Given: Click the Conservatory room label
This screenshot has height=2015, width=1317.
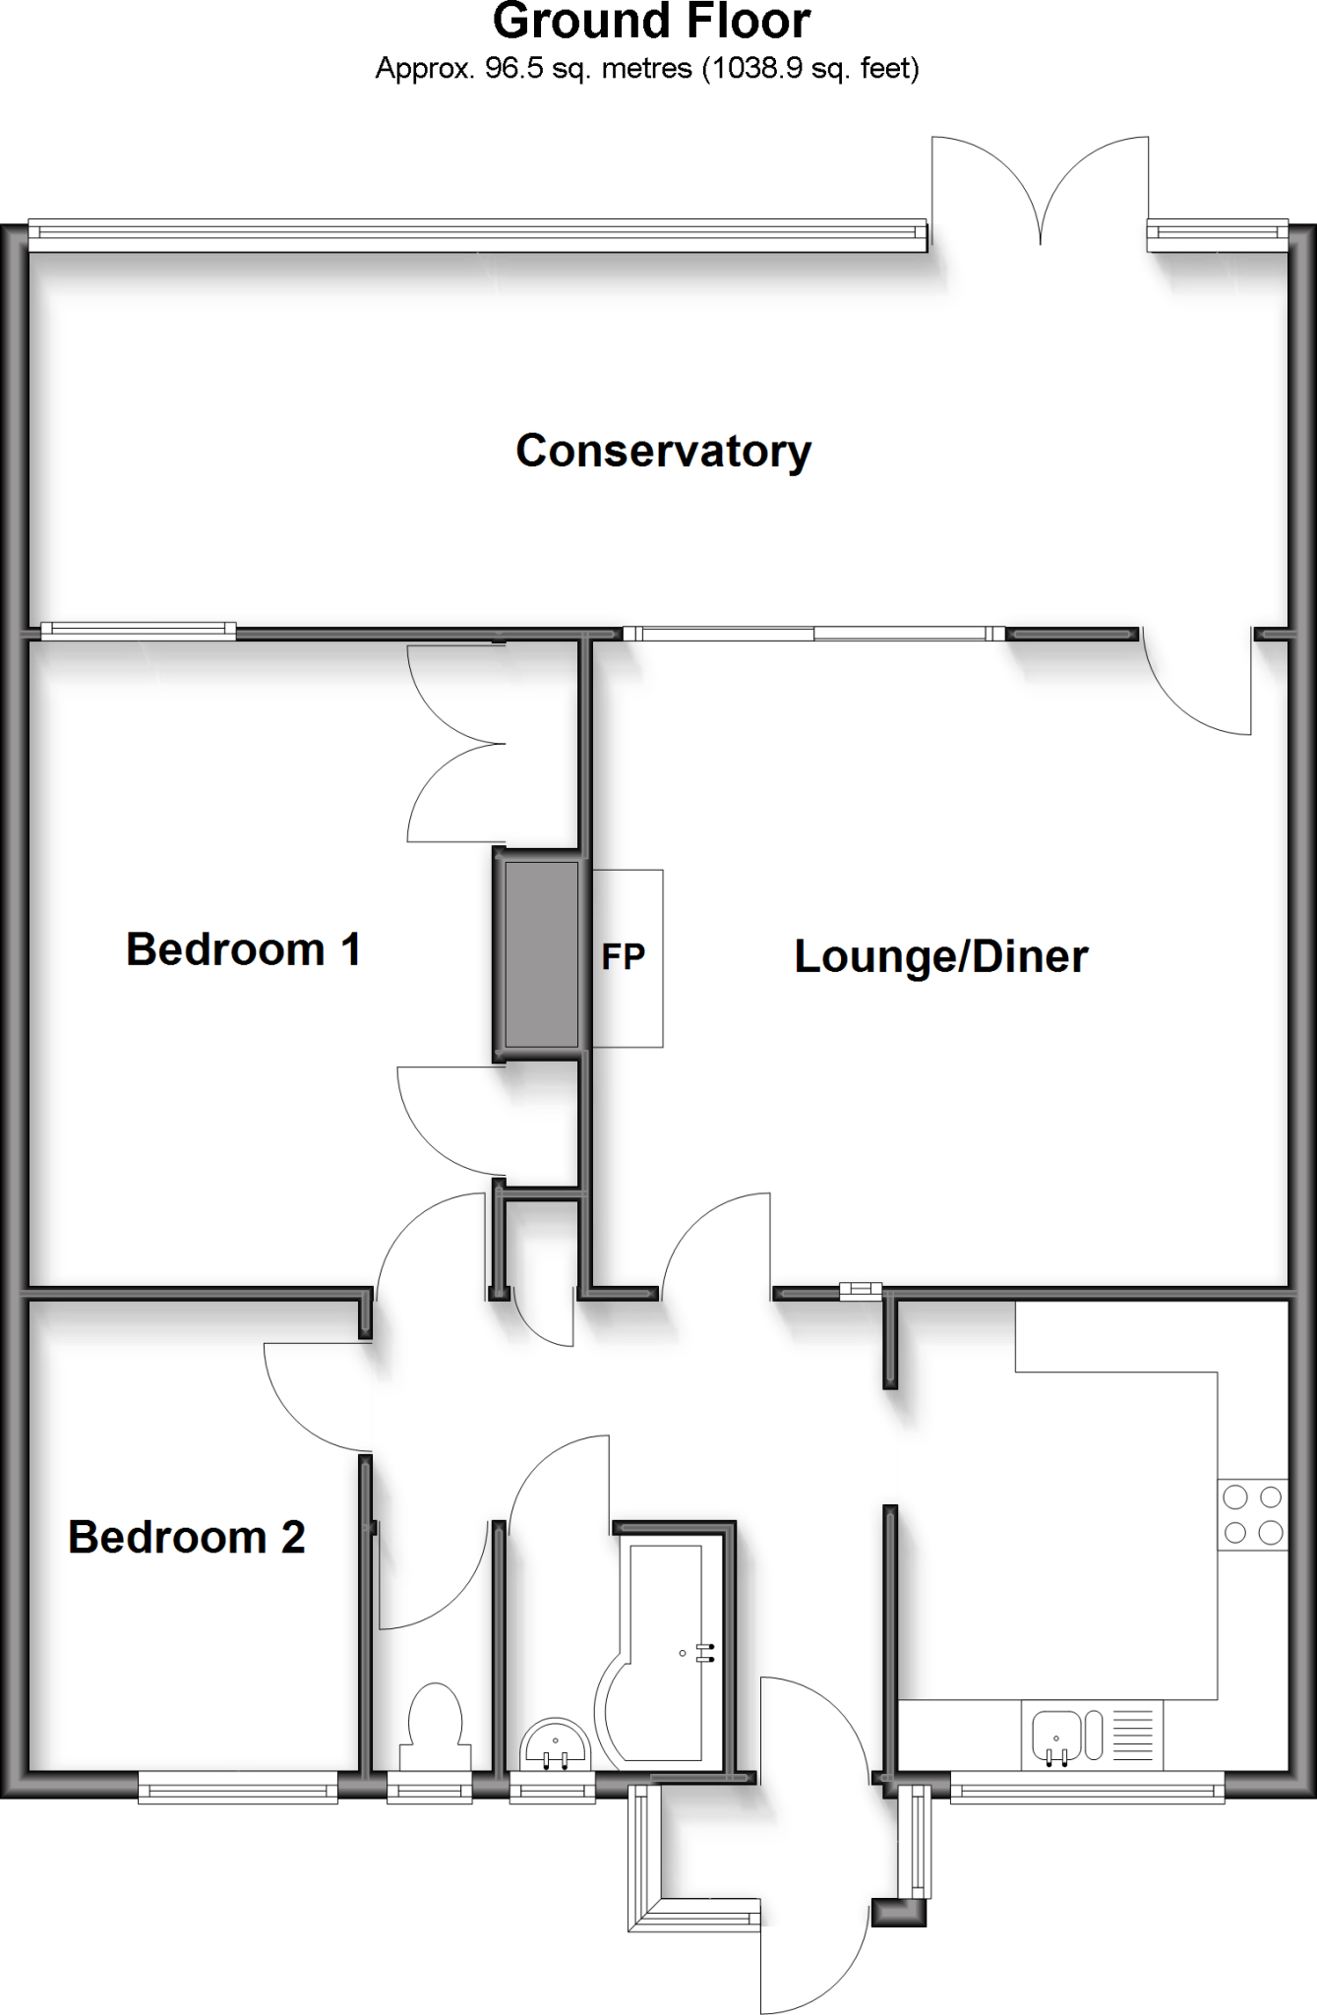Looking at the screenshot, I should coord(664,452).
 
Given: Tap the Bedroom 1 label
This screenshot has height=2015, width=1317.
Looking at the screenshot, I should coord(244,950).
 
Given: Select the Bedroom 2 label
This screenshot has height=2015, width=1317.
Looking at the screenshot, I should coord(187,1537).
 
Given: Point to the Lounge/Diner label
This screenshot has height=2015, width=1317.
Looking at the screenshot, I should coord(941,957).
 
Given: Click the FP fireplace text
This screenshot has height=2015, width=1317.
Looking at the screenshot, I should coord(624,957).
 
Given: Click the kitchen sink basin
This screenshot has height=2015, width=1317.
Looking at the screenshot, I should coord(1056,1737).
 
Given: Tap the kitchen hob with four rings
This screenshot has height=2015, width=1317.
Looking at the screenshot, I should coord(1252,1514).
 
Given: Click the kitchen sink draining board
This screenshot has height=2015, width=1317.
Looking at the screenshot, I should coord(1133,1737).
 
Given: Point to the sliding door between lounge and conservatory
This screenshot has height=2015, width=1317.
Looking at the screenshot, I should coord(814,634).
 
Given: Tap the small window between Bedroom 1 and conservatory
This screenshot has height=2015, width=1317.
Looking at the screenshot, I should coord(138,631).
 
